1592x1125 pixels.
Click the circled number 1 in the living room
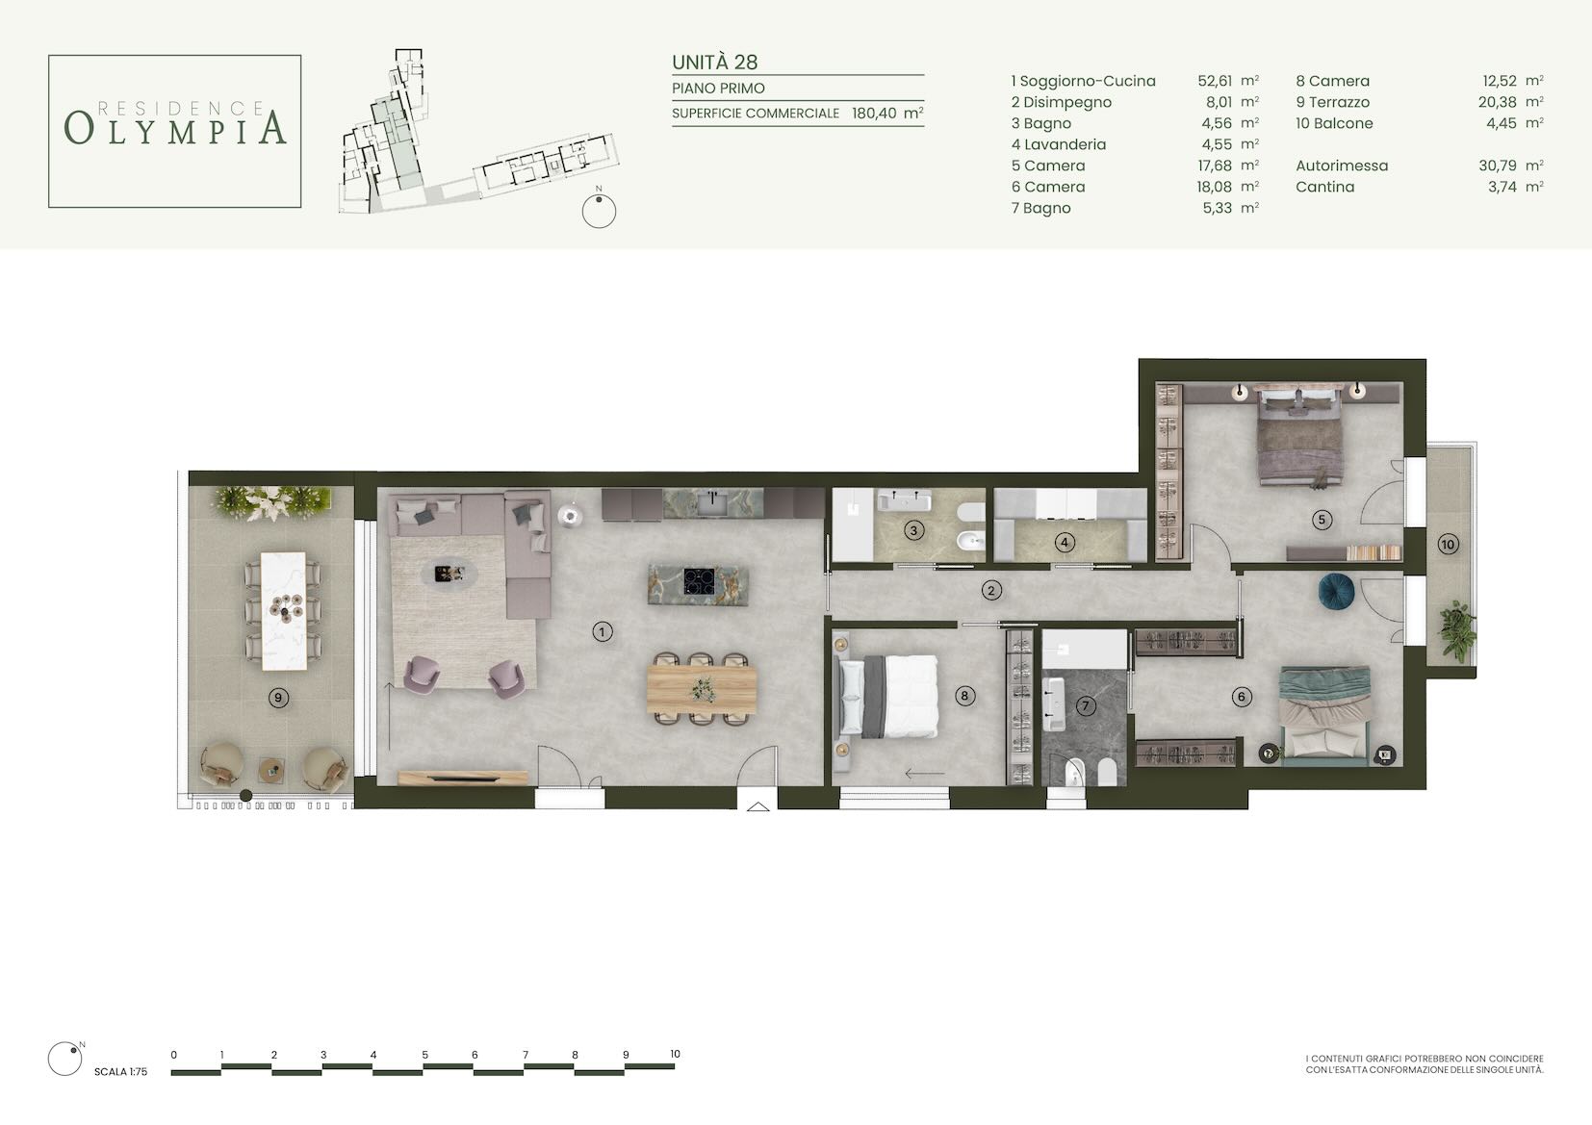click(602, 631)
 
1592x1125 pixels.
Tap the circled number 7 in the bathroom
click(1086, 705)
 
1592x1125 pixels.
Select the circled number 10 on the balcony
click(1448, 545)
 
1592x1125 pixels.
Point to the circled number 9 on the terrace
click(278, 698)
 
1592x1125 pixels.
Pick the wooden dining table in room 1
click(702, 689)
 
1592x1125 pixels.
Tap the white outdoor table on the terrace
click(284, 611)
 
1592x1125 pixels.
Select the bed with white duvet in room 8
click(889, 696)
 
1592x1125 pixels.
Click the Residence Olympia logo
click(175, 131)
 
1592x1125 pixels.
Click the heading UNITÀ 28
click(715, 63)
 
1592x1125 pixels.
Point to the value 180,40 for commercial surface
click(873, 113)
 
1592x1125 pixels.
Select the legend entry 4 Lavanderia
click(1059, 144)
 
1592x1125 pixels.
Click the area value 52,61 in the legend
click(1215, 81)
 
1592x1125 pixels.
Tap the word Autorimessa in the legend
click(1342, 166)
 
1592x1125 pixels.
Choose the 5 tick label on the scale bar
click(425, 1055)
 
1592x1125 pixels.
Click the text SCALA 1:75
click(121, 1072)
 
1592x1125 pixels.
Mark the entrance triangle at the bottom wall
click(757, 806)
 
